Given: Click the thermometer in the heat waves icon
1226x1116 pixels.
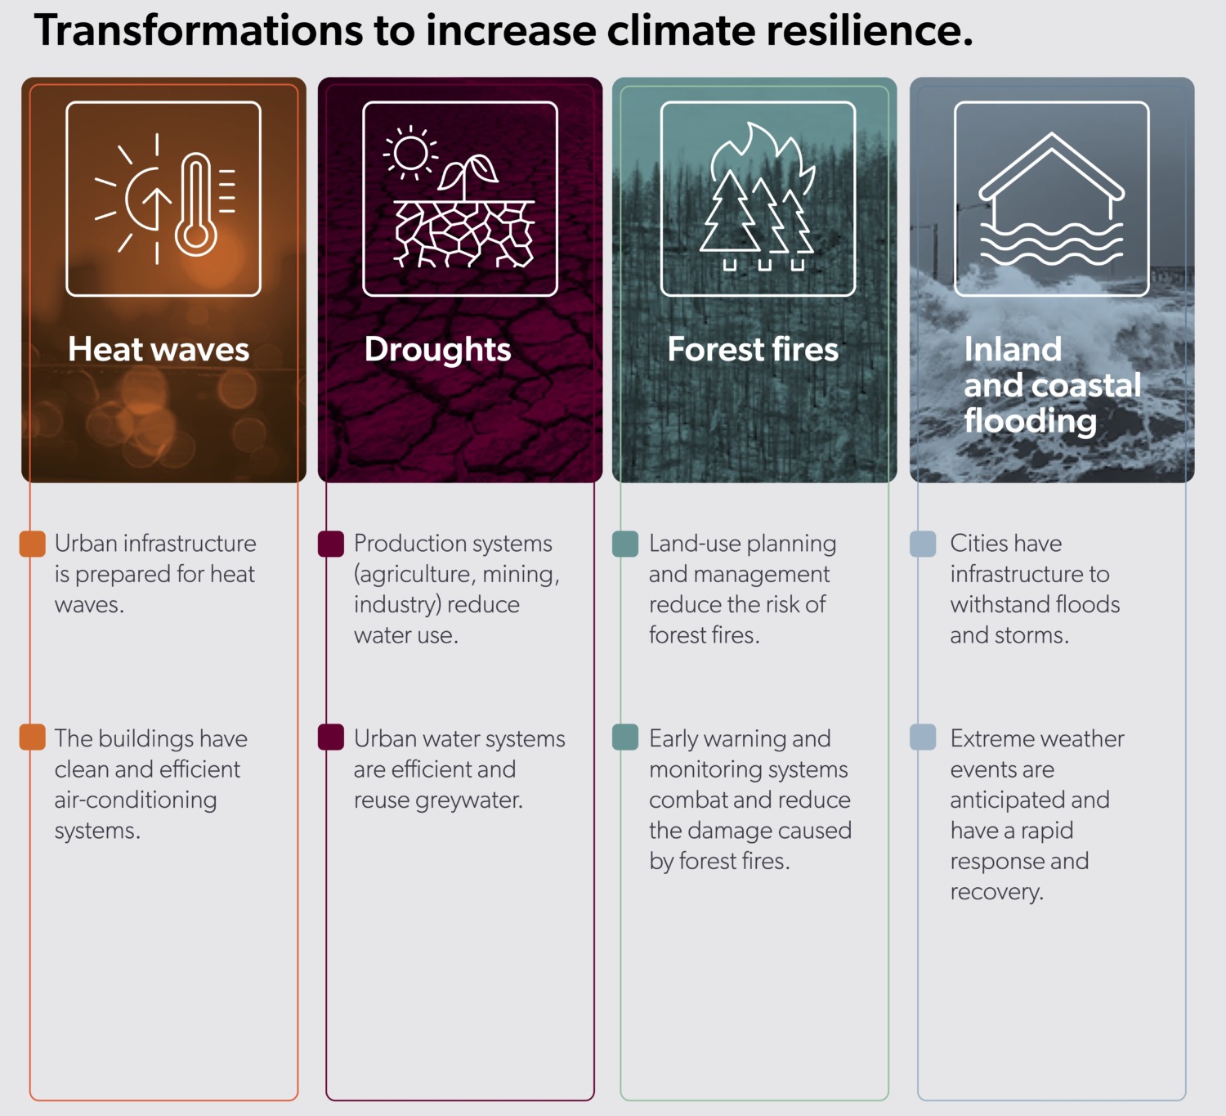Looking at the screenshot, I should click(196, 204).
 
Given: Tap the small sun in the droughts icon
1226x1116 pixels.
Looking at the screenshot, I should click(410, 153).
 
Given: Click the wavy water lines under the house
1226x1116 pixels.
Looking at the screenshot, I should click(1052, 244).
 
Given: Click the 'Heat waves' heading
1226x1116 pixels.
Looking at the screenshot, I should click(159, 350).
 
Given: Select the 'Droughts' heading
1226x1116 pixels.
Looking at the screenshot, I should click(437, 350).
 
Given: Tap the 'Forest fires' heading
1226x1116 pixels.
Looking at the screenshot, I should click(753, 350).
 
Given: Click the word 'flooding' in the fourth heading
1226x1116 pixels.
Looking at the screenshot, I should click(1030, 421).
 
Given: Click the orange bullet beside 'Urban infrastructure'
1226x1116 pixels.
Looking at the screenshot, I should click(33, 544).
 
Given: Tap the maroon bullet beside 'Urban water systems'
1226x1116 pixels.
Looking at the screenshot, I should click(331, 737).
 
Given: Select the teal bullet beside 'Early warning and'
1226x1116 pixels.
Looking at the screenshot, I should click(625, 737).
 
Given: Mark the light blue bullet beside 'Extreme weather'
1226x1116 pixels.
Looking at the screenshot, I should click(923, 737).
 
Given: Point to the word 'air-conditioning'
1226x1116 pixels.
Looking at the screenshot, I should click(136, 800).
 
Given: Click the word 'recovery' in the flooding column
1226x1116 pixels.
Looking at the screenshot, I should click(996, 892).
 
